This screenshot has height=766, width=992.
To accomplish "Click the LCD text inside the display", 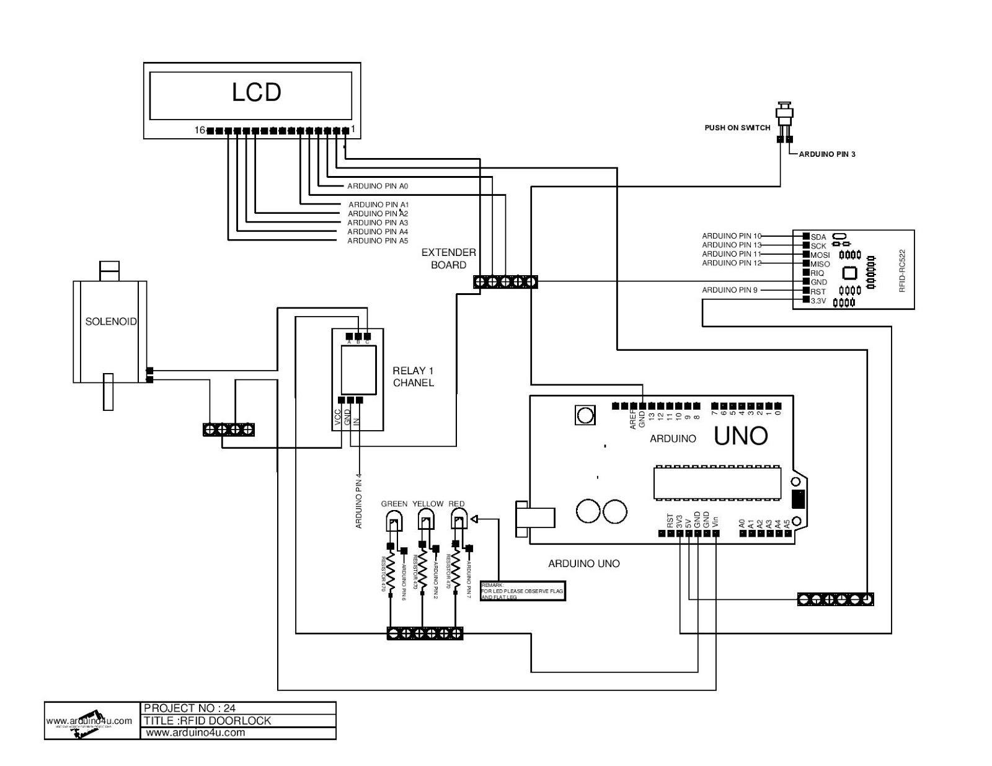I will [256, 92].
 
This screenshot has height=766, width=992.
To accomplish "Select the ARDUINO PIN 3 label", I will [826, 154].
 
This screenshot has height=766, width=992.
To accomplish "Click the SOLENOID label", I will [110, 322].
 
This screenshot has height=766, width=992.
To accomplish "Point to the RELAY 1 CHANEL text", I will [413, 377].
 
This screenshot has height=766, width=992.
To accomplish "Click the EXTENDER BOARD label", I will [448, 258].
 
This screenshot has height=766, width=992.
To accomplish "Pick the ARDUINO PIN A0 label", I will [377, 186].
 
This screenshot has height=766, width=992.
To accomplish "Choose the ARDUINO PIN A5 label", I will [377, 240].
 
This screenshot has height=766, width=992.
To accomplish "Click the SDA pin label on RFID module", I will [818, 237].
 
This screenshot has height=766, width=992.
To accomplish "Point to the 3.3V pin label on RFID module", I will [818, 301].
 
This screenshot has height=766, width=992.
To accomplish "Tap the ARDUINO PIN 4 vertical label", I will [358, 500].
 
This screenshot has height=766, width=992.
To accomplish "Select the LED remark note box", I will [523, 591].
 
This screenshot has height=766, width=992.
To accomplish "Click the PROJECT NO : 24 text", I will [190, 708].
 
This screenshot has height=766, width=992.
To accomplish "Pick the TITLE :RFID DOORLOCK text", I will [207, 720].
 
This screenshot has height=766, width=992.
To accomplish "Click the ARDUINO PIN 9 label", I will [729, 290].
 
